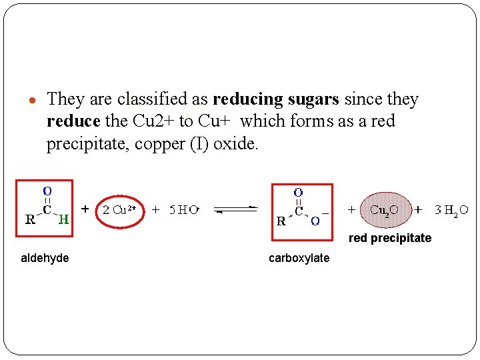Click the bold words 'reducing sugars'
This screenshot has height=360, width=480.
pos(275,100)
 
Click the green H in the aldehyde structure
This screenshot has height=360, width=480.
pos(63,219)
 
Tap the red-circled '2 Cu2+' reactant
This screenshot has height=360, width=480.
pos(119,210)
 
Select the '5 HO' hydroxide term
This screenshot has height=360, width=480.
pos(183,210)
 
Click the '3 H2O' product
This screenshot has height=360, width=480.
pos(451,210)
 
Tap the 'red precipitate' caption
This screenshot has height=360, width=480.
pos(389,238)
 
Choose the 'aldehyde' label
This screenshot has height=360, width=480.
pos(45,258)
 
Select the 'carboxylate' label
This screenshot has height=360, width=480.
pos(299,258)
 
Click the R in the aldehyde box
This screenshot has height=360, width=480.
pos(30,220)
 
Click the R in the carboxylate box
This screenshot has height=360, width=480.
pos(281,221)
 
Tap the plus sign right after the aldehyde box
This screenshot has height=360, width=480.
pos(85,209)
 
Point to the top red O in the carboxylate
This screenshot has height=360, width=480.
pos(298,193)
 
